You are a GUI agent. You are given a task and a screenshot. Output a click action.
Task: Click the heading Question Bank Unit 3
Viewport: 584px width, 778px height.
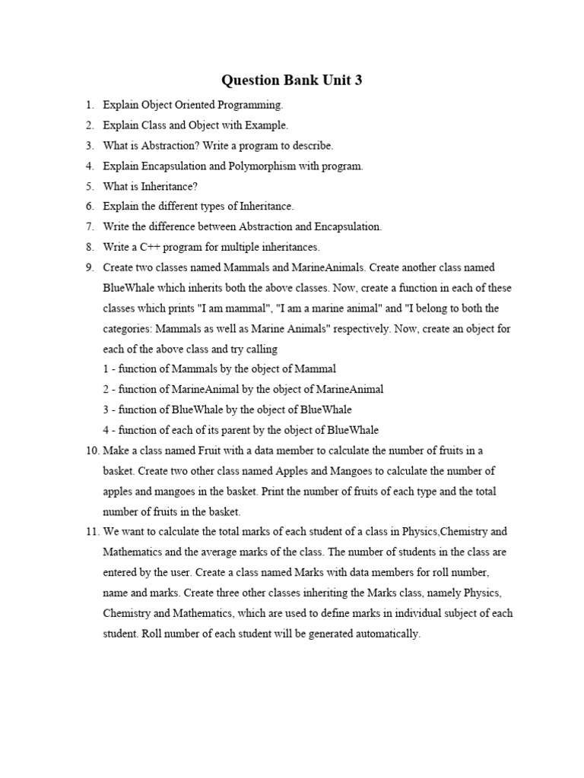pyautogui.click(x=291, y=80)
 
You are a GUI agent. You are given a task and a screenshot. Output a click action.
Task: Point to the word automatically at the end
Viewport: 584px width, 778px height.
pyautogui.click(x=385, y=634)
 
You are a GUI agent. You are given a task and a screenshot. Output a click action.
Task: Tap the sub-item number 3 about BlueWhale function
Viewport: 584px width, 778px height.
pyautogui.click(x=106, y=410)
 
